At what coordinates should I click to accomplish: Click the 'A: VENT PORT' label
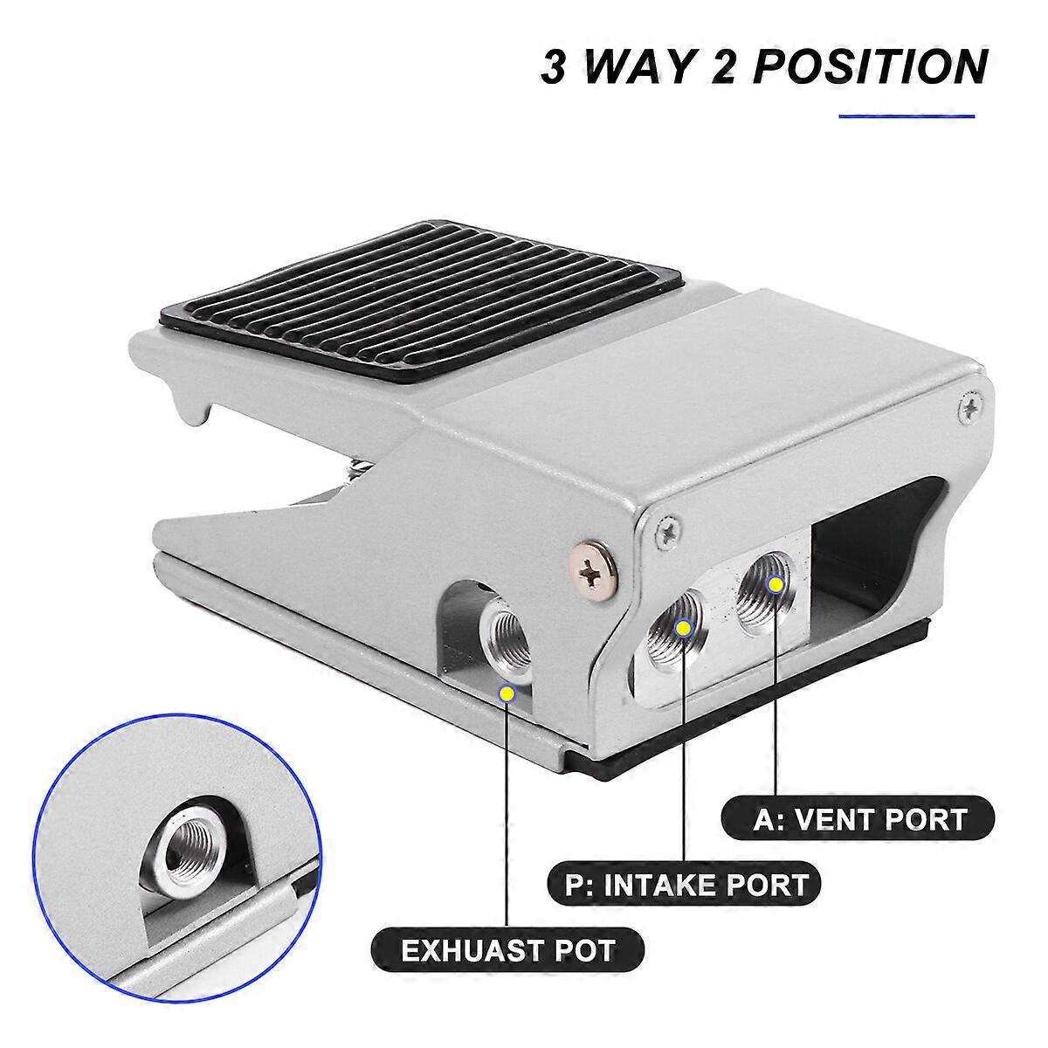858,819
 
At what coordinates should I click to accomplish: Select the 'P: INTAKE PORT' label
686,884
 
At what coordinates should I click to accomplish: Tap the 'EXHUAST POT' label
509,948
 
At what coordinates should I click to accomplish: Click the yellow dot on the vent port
773,583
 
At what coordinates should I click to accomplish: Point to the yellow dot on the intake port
684,627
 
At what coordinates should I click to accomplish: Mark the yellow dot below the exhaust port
506,693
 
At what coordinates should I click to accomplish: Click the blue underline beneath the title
906,115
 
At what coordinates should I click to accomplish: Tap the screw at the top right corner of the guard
969,406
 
